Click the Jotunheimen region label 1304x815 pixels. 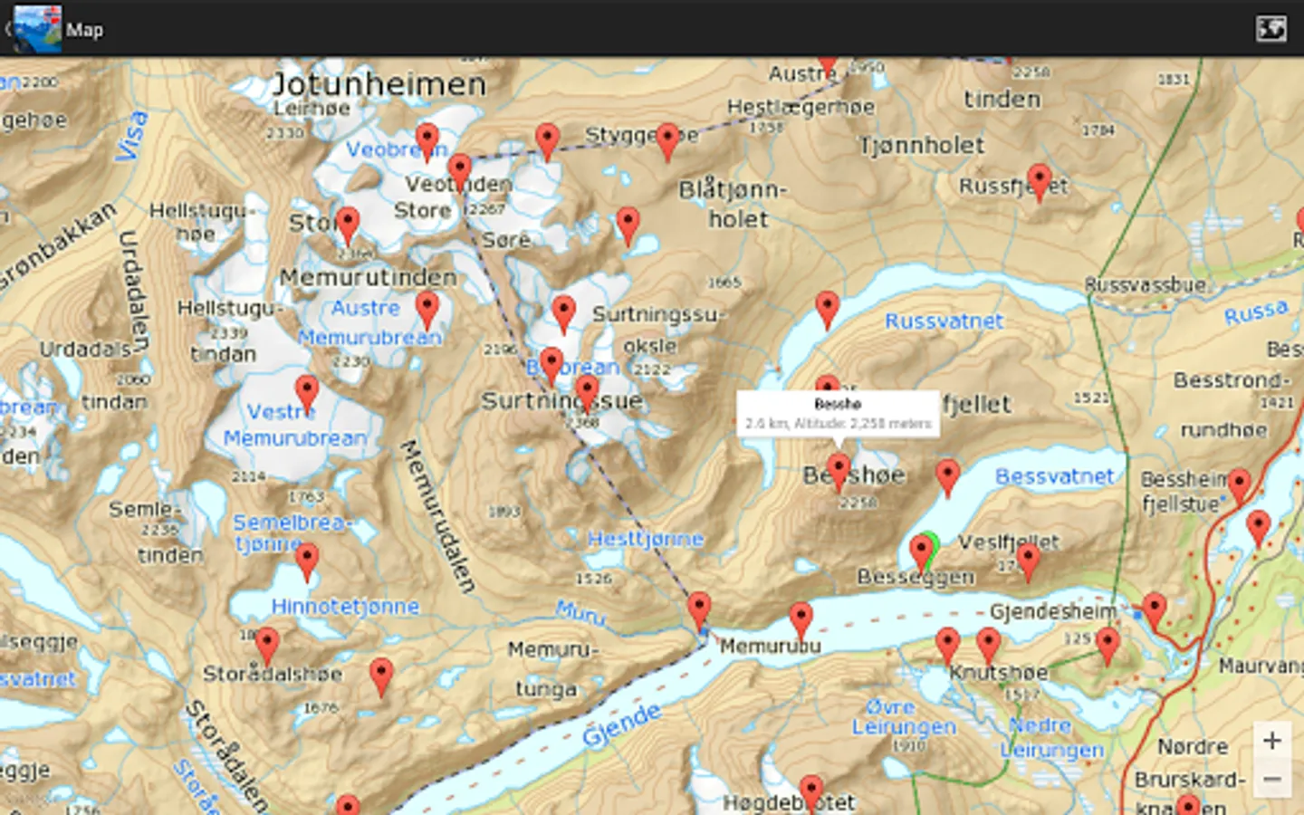tap(379, 84)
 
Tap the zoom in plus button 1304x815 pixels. tap(1271, 741)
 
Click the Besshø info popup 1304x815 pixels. tap(838, 414)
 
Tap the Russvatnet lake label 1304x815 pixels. tap(944, 321)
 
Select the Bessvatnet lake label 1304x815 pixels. tap(1054, 476)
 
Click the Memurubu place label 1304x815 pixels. tap(770, 646)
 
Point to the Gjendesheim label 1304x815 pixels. tap(1053, 612)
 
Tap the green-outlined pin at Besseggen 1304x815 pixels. tap(923, 550)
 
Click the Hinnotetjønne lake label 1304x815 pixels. tap(345, 606)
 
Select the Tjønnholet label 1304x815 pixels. tap(921, 145)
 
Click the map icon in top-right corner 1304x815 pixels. tap(1270, 29)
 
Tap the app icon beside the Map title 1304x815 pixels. tap(38, 29)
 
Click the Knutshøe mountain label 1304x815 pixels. tap(998, 673)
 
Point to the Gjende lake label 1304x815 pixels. tap(621, 724)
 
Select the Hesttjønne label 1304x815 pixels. tap(645, 539)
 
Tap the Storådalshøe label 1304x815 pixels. tap(273, 674)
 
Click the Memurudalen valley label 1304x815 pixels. tap(438, 516)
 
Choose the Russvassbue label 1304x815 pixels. tap(1145, 285)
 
